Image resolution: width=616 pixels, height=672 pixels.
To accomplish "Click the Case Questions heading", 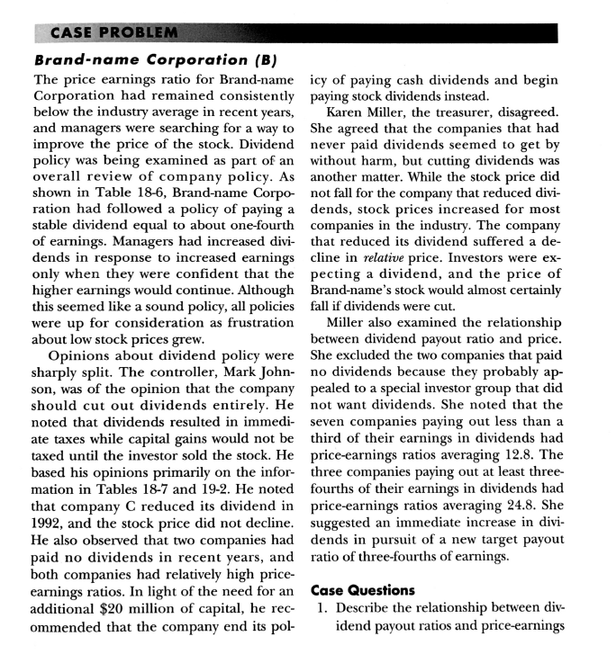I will click(x=370, y=590).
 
